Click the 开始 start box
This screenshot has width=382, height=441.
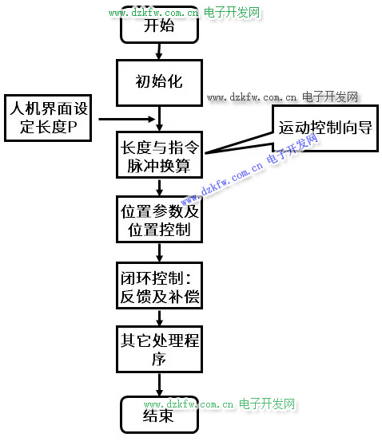(x=159, y=25)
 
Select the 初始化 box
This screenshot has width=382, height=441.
(x=159, y=83)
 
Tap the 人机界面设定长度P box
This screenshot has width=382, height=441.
(x=48, y=118)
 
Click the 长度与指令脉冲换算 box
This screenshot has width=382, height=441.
(x=159, y=155)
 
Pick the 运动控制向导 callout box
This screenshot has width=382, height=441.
(x=325, y=128)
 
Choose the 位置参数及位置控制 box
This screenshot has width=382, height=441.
(x=159, y=219)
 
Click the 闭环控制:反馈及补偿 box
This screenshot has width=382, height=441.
(x=159, y=285)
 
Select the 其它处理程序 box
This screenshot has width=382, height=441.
(x=159, y=349)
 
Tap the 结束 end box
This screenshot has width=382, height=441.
(x=159, y=415)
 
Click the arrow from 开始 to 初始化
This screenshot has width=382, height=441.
(x=159, y=51)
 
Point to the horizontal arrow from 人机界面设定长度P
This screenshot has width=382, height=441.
(x=127, y=120)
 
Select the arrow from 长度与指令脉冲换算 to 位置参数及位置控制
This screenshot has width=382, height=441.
(x=159, y=187)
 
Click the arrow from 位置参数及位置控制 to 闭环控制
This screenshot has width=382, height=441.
(x=159, y=253)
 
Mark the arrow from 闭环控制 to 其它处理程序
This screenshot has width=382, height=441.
(x=159, y=318)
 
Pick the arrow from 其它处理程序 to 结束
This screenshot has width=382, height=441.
(x=159, y=384)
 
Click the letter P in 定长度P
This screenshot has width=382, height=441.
(x=72, y=127)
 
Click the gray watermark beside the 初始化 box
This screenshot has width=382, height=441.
(x=282, y=97)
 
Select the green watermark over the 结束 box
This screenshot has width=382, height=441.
(x=219, y=404)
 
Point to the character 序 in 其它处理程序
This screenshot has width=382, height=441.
(x=159, y=359)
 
